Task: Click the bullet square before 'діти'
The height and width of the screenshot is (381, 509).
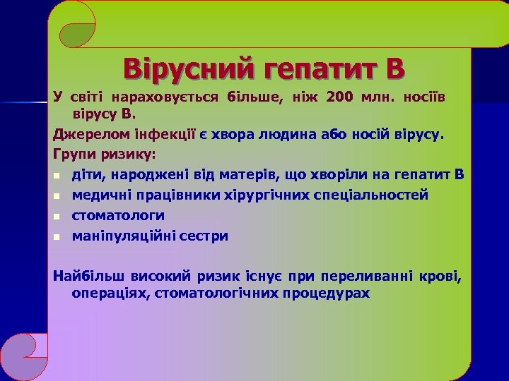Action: [x=57, y=176]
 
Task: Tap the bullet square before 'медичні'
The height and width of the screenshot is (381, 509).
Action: [x=57, y=196]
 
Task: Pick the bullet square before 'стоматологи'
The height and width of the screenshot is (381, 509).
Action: [x=57, y=216]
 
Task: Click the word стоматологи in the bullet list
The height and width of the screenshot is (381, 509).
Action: [x=118, y=215]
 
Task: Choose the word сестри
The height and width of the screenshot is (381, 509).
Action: [x=204, y=236]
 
